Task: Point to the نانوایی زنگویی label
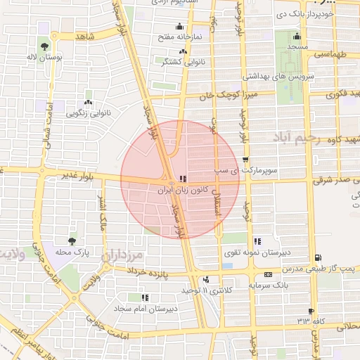pyautogui.click(x=87, y=112)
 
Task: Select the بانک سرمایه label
pyautogui.click(x=270, y=285)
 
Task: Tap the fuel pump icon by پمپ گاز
pyautogui.click(x=321, y=257)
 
